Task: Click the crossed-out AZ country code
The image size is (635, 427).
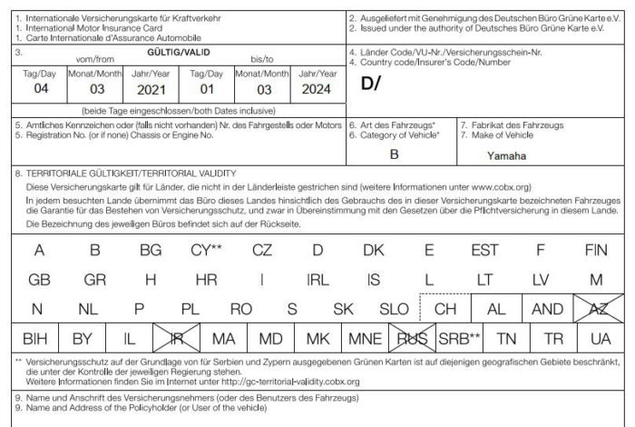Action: click(596, 309)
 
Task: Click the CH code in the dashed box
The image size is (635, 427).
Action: click(445, 309)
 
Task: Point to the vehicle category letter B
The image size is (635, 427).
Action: click(395, 154)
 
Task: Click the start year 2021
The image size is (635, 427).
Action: click(151, 90)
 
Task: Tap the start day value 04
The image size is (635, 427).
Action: click(41, 90)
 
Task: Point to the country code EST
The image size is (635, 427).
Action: click(485, 250)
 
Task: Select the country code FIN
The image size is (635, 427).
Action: click(596, 250)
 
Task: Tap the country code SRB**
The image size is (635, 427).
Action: click(460, 339)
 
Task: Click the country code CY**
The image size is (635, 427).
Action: click(207, 250)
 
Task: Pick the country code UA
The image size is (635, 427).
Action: click(600, 339)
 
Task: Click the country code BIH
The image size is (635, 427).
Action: click(34, 339)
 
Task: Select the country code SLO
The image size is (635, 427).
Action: click(394, 309)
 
